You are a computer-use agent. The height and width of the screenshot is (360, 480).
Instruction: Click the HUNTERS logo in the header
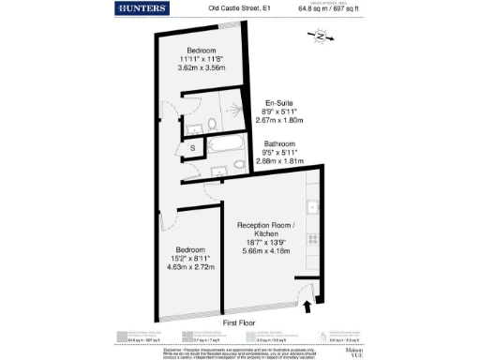tap(143, 8)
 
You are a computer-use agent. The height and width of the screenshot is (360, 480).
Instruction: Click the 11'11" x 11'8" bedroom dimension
tap(202, 59)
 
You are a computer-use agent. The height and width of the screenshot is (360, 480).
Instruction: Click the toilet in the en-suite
tap(213, 126)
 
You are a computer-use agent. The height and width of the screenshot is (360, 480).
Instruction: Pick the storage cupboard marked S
tap(192, 148)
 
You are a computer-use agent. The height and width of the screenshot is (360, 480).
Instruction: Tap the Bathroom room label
tap(281, 143)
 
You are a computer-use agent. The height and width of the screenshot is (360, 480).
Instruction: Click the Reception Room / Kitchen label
tap(266, 230)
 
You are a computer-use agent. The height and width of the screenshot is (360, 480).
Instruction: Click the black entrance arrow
tap(308, 307)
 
